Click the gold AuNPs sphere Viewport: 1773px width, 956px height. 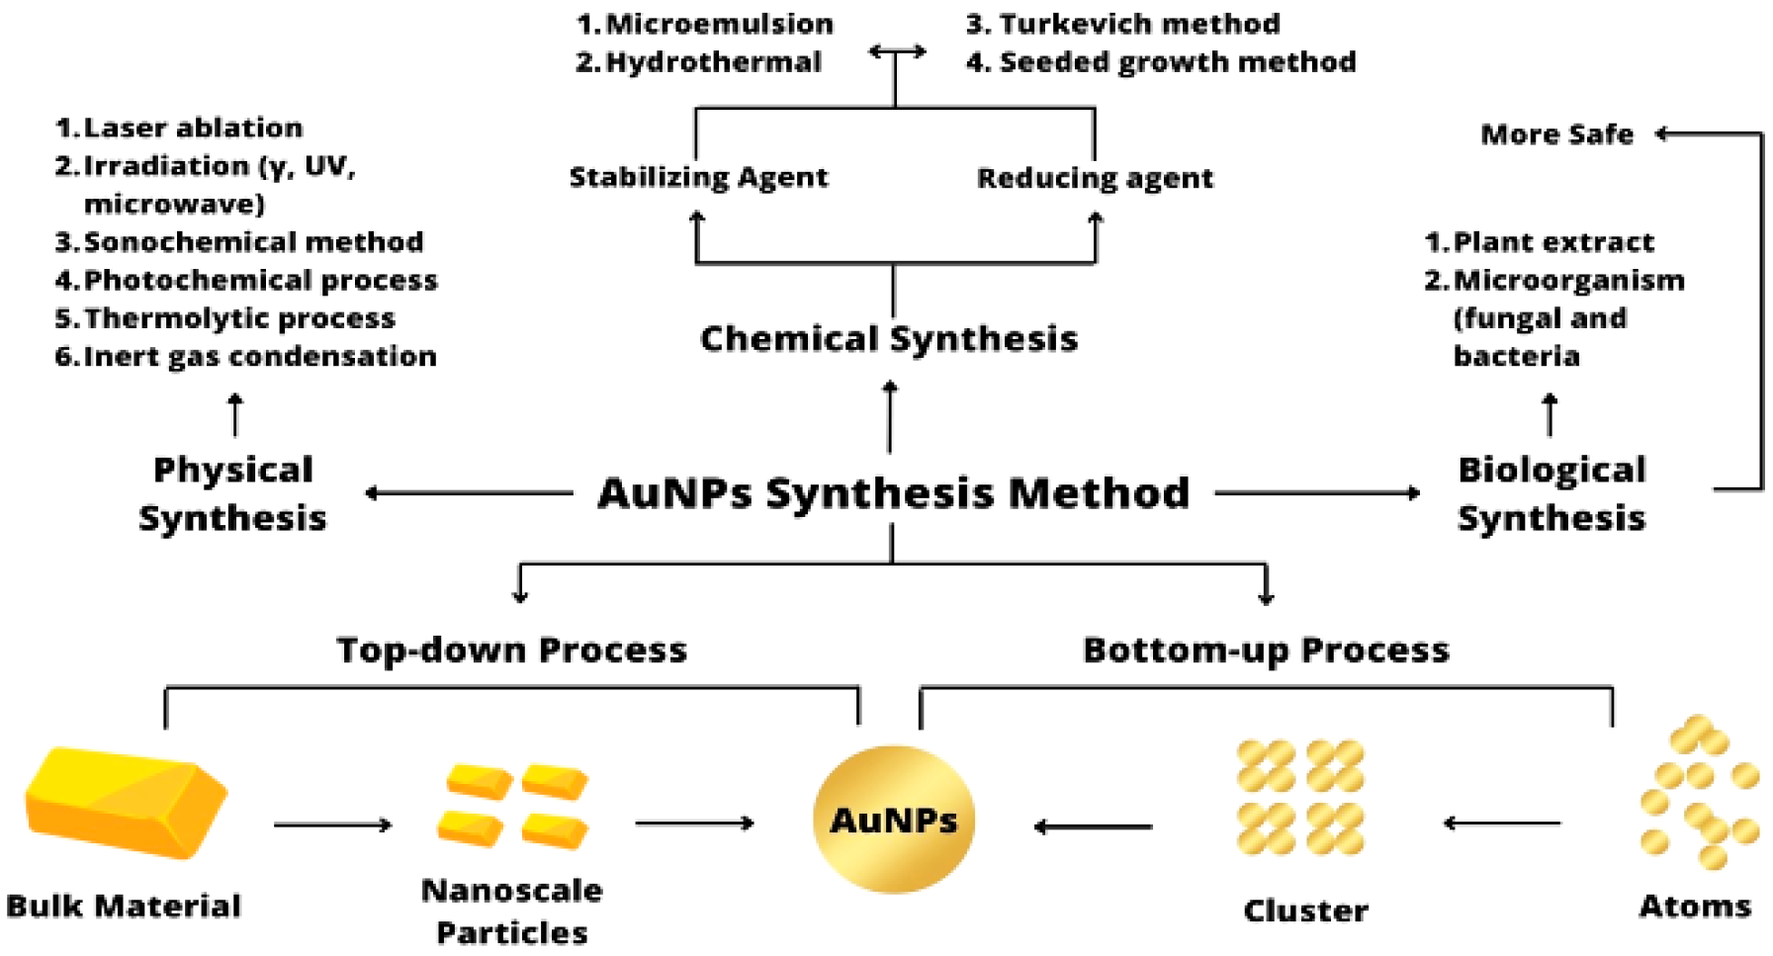tap(893, 819)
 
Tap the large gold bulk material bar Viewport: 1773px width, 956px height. tap(127, 802)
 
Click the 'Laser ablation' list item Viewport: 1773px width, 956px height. tap(180, 128)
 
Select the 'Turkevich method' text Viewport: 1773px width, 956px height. tap(1123, 24)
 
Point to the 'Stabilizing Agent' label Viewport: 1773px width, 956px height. tap(698, 178)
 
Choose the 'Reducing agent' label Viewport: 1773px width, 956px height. tap(1095, 178)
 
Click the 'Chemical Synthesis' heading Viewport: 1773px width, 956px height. tap(889, 339)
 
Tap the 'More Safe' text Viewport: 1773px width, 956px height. tap(1556, 134)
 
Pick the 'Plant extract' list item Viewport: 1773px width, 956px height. tap(1540, 242)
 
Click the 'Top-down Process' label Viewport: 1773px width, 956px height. tap(511, 650)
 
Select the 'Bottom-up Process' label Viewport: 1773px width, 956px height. tap(1266, 650)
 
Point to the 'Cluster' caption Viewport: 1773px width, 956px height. tap(1305, 910)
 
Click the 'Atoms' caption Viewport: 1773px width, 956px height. tap(1695, 906)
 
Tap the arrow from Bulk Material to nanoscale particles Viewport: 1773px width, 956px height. tap(333, 825)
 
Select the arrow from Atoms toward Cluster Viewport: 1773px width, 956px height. tap(1502, 823)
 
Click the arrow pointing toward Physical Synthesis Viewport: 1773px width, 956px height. tap(470, 492)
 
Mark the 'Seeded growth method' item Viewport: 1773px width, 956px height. tap(1161, 62)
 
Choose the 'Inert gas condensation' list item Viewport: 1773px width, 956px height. tap(246, 356)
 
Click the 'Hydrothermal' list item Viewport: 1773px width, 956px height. tap(698, 62)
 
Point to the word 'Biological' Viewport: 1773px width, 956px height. tap(1551, 470)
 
